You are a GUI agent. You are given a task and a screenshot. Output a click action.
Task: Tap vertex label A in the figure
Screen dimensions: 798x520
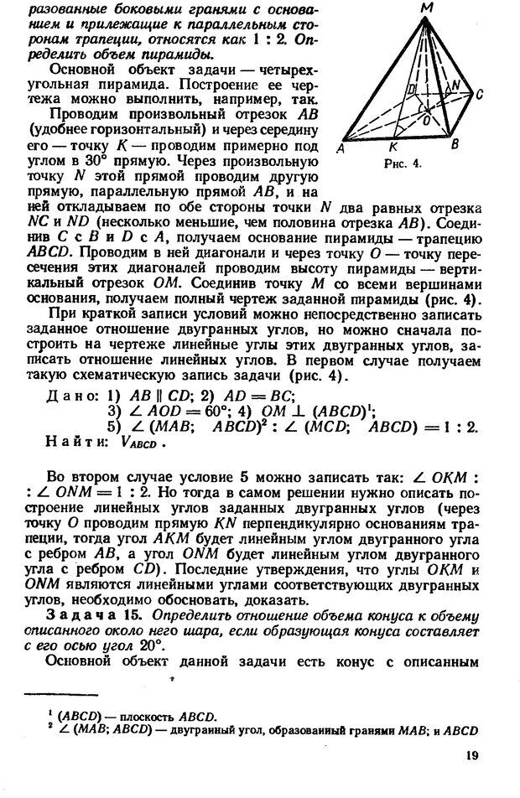pyautogui.click(x=340, y=149)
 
